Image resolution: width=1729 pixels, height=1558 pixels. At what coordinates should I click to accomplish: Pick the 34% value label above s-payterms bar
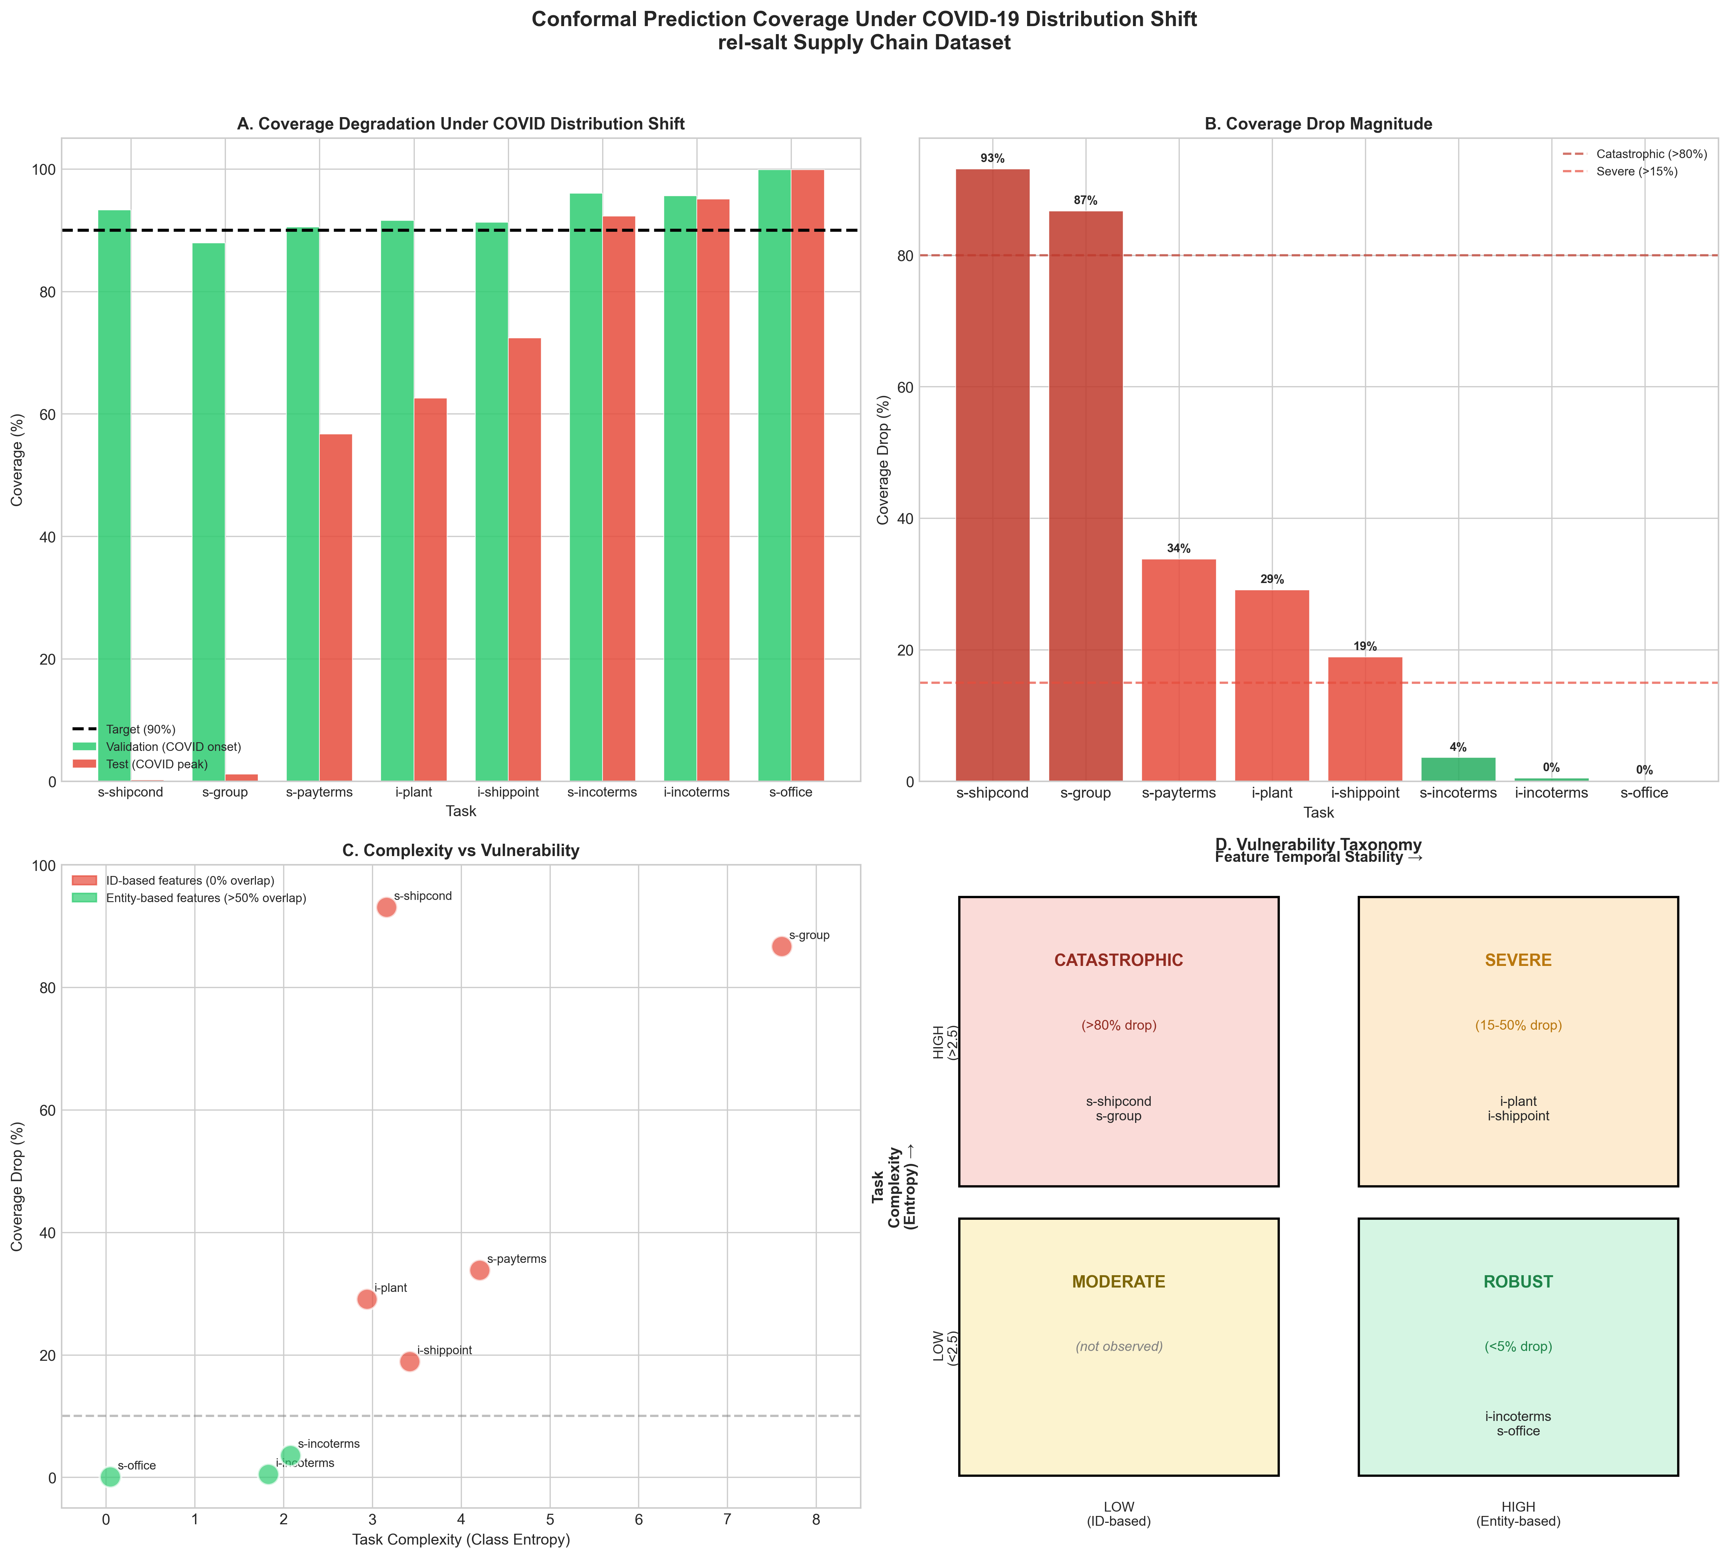tap(1179, 549)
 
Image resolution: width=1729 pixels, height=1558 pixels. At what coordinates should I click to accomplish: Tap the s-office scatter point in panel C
tap(111, 1477)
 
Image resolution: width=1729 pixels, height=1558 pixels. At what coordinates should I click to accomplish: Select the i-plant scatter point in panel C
tap(366, 1299)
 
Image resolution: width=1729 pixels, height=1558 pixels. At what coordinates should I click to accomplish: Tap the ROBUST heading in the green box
tap(1518, 1281)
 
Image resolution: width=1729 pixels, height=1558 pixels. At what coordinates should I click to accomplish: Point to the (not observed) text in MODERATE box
tap(1119, 1347)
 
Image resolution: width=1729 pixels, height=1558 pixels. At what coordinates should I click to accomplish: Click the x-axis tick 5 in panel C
tap(550, 1520)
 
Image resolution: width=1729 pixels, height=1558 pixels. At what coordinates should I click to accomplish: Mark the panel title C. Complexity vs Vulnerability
tap(460, 850)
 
